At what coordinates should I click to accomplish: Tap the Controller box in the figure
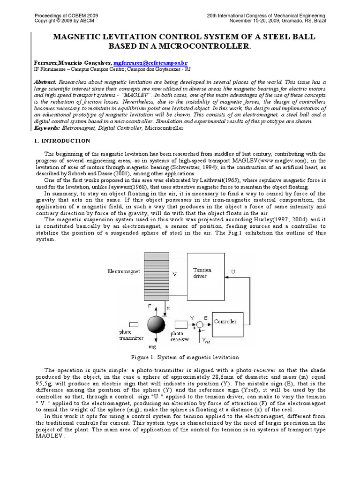click(x=225, y=322)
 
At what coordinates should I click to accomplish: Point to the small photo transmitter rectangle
click(x=134, y=324)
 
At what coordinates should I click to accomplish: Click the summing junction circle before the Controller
click(x=200, y=324)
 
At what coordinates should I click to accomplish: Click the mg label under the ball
click(x=152, y=347)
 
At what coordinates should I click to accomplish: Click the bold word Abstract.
click(x=45, y=82)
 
